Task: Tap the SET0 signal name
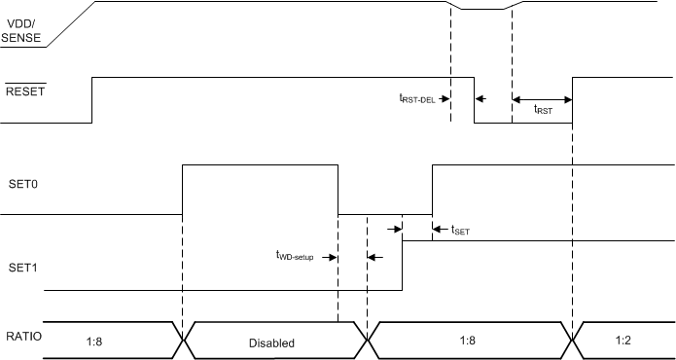pos(21,182)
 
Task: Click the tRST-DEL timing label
pos(423,97)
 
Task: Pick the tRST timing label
pos(544,111)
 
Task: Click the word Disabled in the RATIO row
pos(271,342)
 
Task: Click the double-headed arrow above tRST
pos(542,98)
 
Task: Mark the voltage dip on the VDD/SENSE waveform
pos(481,9)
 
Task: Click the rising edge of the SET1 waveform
pos(403,265)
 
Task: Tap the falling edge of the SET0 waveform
pos(338,190)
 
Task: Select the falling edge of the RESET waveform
pos(474,99)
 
